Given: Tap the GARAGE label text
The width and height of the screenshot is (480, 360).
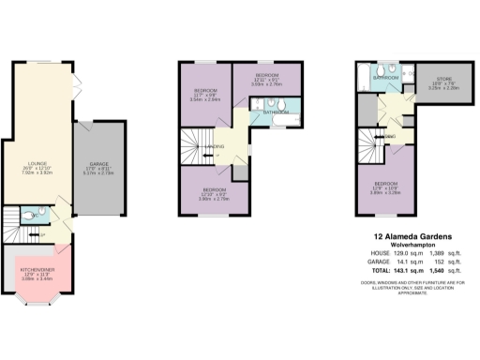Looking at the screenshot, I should coord(99,165).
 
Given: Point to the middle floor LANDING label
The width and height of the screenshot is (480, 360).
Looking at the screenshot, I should coord(217,146).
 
